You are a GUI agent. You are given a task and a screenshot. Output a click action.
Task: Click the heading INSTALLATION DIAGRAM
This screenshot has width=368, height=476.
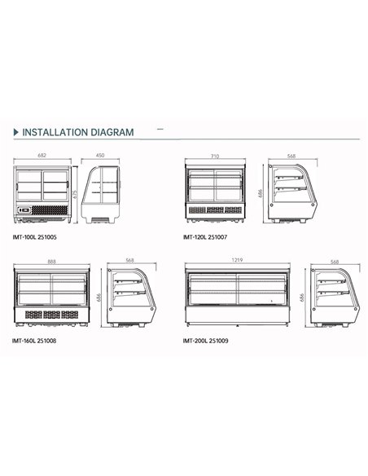pos(77,132)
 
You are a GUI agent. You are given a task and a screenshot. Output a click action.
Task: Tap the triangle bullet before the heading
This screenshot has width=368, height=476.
pos(16,132)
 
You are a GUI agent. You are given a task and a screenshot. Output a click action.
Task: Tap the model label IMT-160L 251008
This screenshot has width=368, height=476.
pos(35,341)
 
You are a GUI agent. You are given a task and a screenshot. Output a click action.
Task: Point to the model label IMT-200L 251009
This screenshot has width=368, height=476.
pos(207,341)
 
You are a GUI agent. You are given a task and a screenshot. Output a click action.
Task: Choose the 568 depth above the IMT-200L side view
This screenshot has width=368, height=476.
pos(334,262)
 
